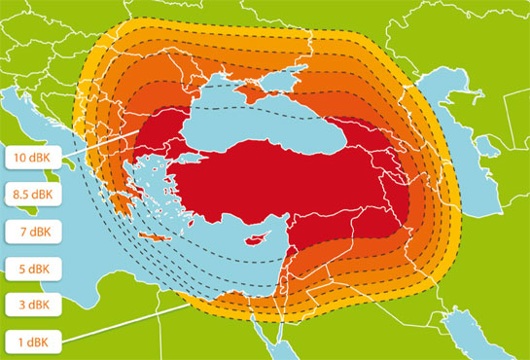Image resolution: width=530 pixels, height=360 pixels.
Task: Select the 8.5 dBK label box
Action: (x=32, y=194)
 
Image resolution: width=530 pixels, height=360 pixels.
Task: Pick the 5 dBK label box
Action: (x=32, y=268)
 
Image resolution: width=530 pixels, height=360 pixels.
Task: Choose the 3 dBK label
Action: (x=32, y=305)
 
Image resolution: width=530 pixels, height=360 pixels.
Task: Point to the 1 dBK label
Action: (x=32, y=342)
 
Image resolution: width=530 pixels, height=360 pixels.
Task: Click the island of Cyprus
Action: (x=258, y=237)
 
